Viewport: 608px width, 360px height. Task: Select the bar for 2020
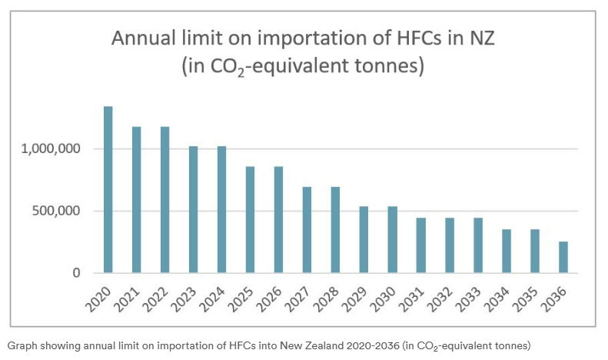(108, 189)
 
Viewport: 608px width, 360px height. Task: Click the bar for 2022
(164, 199)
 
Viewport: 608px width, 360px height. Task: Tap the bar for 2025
(250, 219)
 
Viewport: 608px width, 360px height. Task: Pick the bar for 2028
(335, 229)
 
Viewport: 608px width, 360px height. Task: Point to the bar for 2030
(392, 239)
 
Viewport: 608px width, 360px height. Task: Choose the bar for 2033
(477, 245)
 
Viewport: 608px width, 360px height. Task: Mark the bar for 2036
(563, 257)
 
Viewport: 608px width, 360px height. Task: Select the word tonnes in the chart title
(388, 66)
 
